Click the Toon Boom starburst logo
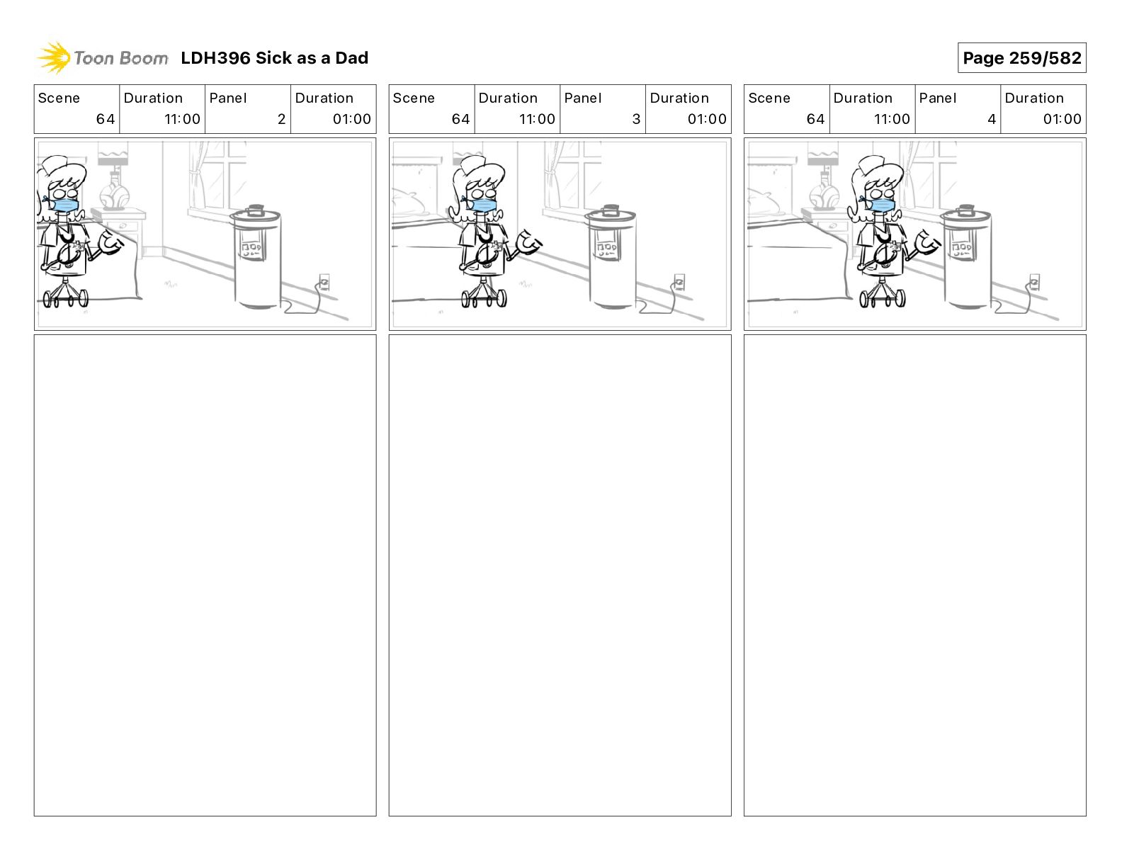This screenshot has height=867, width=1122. coord(54,57)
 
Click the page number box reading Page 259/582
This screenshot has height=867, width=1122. coord(1021,58)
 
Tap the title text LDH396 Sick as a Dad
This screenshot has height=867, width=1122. coord(274,58)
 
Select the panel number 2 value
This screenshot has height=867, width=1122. coord(281,119)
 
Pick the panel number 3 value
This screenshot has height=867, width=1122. coord(636,119)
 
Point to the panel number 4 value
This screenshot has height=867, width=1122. coord(992,119)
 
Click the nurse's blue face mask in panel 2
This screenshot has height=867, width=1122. coord(64,205)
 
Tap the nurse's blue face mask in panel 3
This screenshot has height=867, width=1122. coord(482,205)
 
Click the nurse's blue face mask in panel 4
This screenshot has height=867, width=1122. coord(880,205)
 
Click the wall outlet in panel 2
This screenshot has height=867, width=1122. coord(324,283)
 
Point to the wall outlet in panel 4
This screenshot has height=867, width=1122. coord(1034,283)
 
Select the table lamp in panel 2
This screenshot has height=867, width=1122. coord(113,181)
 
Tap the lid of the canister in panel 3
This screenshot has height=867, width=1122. coord(611,214)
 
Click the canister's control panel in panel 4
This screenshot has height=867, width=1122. coord(961,249)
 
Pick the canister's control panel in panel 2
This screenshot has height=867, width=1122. coord(251,249)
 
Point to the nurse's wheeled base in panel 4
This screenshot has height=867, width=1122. coord(882,295)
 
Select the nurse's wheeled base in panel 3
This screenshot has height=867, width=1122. coord(484,295)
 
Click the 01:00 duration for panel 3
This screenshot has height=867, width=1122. coord(707,119)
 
